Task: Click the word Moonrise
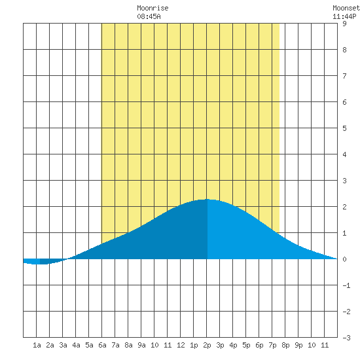(153, 8)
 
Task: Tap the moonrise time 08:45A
(149, 16)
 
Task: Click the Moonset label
(346, 8)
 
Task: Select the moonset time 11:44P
(344, 16)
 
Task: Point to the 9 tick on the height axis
(344, 24)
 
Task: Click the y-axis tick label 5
(344, 128)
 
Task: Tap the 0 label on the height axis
(344, 259)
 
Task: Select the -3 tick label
(346, 338)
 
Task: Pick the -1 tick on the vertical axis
(346, 285)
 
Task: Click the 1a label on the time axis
(37, 345)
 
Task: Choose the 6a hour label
(102, 345)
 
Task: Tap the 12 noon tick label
(181, 345)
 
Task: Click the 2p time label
(207, 345)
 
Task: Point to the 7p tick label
(272, 345)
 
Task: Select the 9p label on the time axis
(298, 345)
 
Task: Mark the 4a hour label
(76, 345)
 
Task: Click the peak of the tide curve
(207, 199)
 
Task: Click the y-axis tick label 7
(344, 76)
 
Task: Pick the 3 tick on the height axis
(344, 181)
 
